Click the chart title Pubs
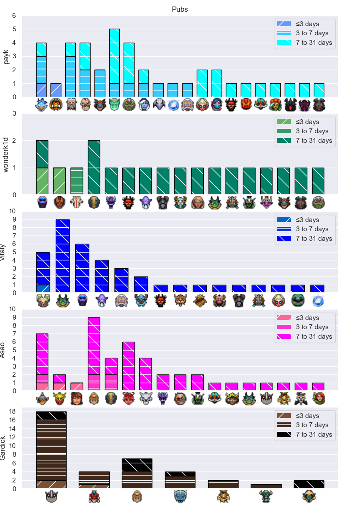click(180, 9)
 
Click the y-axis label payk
click(6, 57)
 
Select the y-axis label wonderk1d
click(6, 155)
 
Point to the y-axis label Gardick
click(3, 448)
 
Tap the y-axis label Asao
click(3, 350)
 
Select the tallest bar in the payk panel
click(114, 63)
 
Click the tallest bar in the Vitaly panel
click(63, 256)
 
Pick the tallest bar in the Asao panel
click(94, 354)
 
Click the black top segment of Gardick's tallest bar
click(51, 415)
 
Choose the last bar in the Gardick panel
click(309, 484)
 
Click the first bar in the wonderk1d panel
click(42, 168)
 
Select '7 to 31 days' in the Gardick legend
click(304, 435)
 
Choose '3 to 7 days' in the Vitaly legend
click(303, 229)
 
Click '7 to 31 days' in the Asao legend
click(304, 336)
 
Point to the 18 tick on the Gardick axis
click(12, 411)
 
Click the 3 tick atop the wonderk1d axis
click(14, 113)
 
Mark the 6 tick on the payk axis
click(14, 16)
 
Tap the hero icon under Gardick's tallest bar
click(51, 497)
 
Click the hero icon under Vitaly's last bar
click(317, 300)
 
